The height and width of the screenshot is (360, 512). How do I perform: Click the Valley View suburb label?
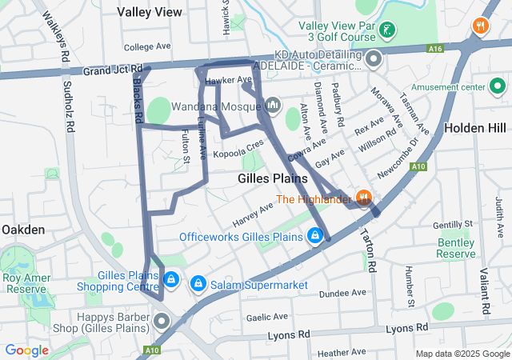tap(149, 12)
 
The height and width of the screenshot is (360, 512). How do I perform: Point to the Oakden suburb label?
tap(23, 230)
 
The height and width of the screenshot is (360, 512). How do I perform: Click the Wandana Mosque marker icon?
tap(273, 105)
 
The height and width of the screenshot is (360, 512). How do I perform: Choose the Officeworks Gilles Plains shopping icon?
tap(315, 236)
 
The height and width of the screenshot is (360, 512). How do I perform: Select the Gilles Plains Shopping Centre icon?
tap(170, 279)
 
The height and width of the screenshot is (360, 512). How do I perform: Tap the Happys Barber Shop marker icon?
tap(162, 322)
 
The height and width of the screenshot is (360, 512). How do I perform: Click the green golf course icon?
tap(387, 30)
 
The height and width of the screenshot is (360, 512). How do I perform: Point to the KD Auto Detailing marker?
tap(373, 58)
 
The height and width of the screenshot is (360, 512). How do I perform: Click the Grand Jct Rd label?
tap(112, 70)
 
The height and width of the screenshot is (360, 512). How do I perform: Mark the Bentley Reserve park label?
tap(456, 248)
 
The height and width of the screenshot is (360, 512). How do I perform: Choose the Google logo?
tap(26, 350)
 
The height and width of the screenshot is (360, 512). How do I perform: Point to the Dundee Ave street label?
tap(342, 294)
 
